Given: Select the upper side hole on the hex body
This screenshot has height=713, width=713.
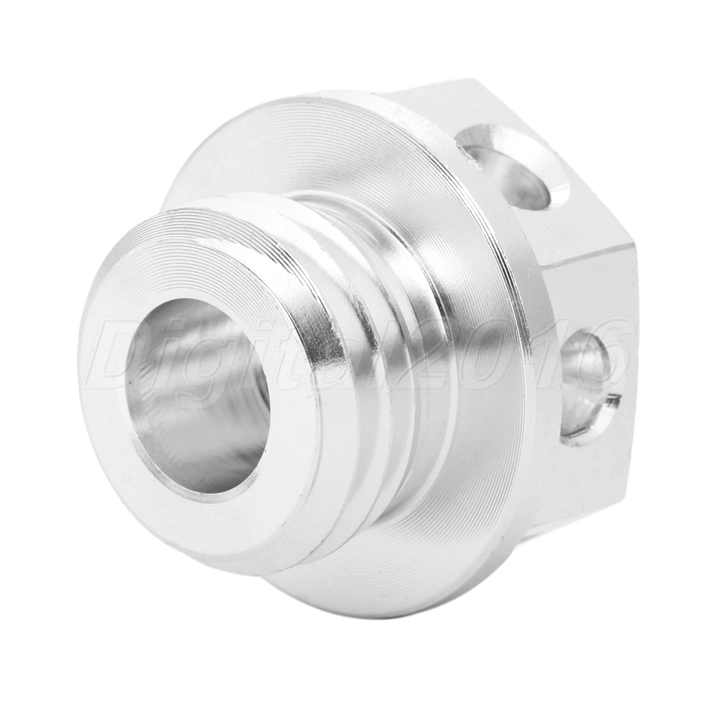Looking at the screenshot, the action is [511, 166].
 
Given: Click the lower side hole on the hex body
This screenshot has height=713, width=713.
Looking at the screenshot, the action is [585, 386].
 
